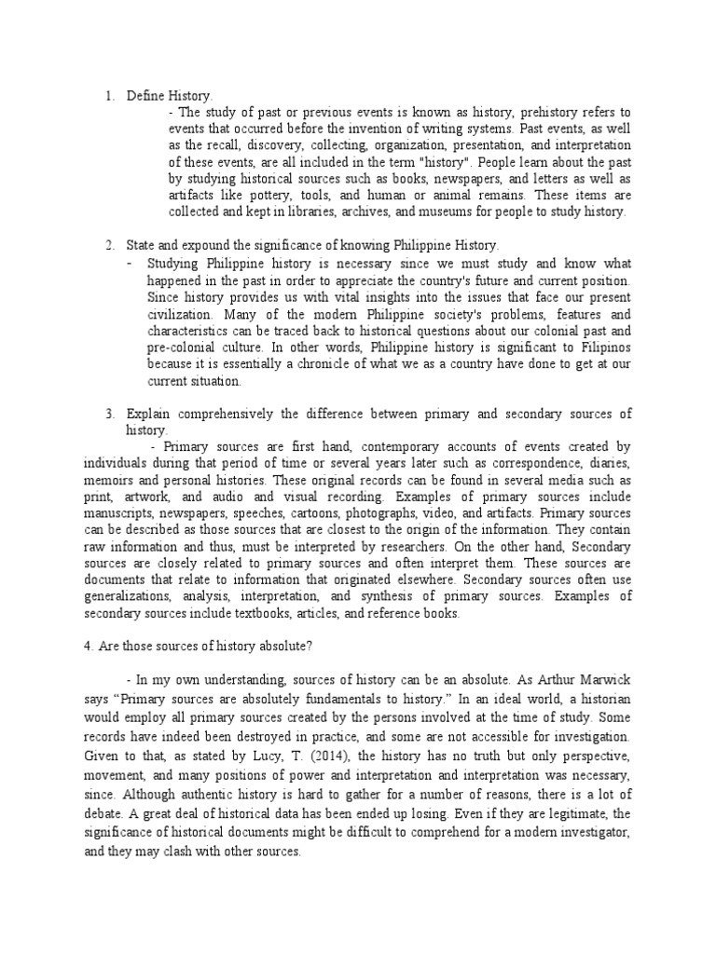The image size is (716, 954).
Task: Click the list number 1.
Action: (108, 95)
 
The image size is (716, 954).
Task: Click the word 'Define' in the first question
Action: (145, 95)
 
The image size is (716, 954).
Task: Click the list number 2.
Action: (108, 246)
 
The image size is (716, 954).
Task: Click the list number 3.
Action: (108, 414)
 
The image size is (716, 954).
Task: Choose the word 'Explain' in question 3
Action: (150, 414)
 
